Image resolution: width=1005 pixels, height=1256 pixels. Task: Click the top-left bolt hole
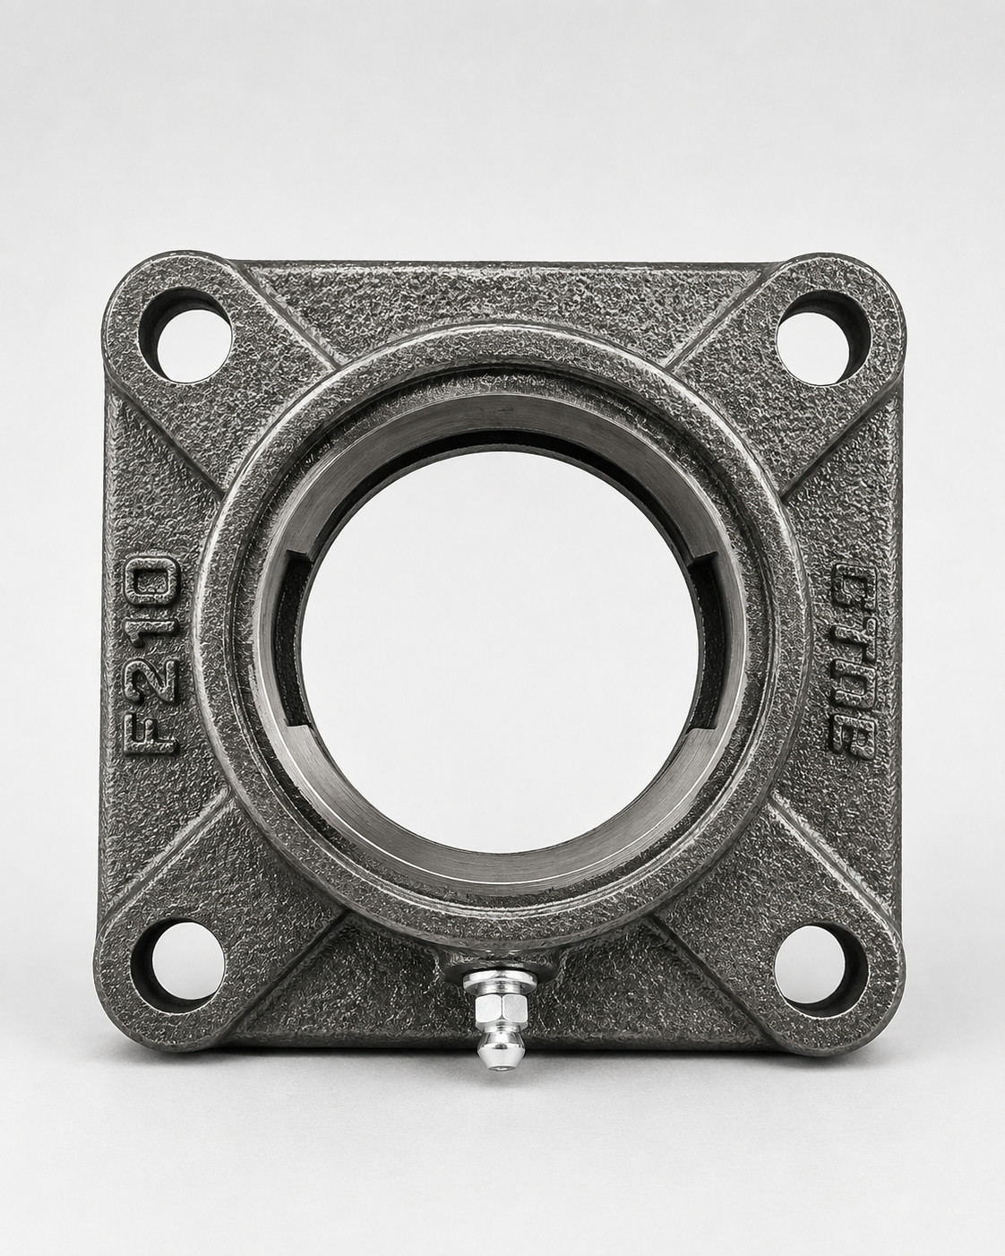click(191, 345)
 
